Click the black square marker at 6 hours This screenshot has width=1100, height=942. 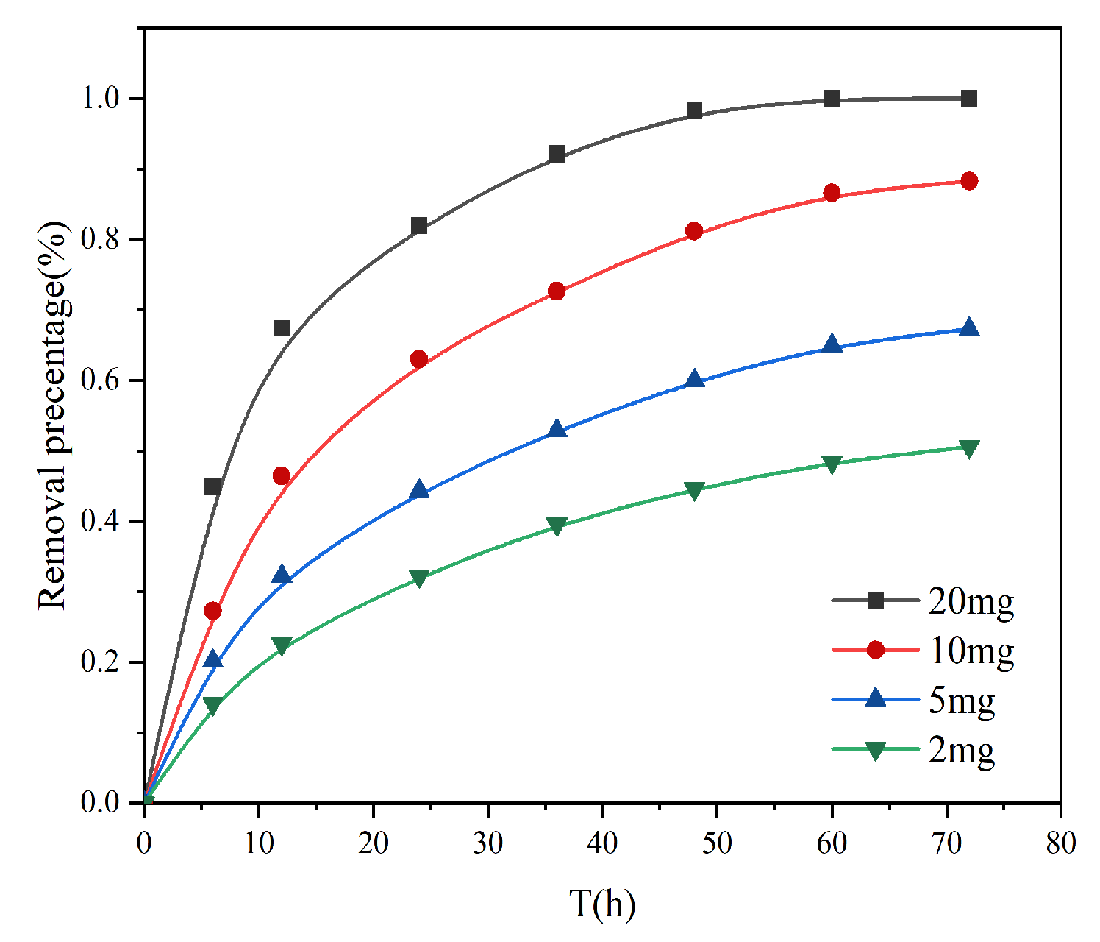(x=213, y=486)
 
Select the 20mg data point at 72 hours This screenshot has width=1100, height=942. (x=969, y=99)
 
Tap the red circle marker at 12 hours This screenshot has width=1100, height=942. (x=282, y=476)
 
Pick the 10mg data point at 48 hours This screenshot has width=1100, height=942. (x=694, y=231)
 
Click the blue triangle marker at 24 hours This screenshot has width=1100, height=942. (x=419, y=490)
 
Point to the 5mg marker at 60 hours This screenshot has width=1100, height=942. (x=832, y=344)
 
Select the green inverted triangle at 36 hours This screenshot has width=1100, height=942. (x=557, y=526)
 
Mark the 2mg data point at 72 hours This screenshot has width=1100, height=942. (x=969, y=448)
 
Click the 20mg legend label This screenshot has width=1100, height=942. (x=971, y=601)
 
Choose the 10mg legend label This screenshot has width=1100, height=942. (x=971, y=651)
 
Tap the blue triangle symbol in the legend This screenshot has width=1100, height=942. (x=875, y=698)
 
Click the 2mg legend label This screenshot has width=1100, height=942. (x=961, y=750)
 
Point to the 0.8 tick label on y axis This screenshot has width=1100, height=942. (x=101, y=240)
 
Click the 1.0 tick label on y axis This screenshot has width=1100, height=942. (x=101, y=99)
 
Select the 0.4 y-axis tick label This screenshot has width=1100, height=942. (x=101, y=522)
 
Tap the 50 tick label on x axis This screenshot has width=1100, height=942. (x=717, y=843)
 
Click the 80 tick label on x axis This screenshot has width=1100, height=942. (x=1060, y=843)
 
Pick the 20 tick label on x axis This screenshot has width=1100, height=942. (x=374, y=843)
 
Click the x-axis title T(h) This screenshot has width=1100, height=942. (x=602, y=904)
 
